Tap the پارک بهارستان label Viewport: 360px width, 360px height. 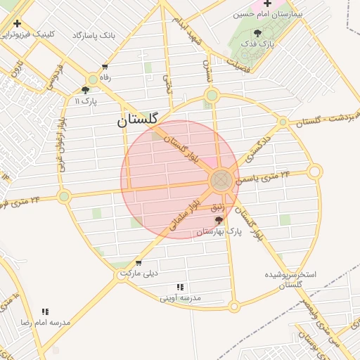(x=219, y=231)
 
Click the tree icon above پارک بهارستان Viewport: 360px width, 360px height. (x=219, y=220)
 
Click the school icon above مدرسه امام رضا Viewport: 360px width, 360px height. (x=45, y=311)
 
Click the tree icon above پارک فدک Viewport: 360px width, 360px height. (x=258, y=33)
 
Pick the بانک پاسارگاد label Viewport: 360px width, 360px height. (x=94, y=34)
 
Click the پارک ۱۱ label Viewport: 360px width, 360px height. (x=86, y=101)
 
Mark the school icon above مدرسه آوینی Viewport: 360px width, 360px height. (x=180, y=287)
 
